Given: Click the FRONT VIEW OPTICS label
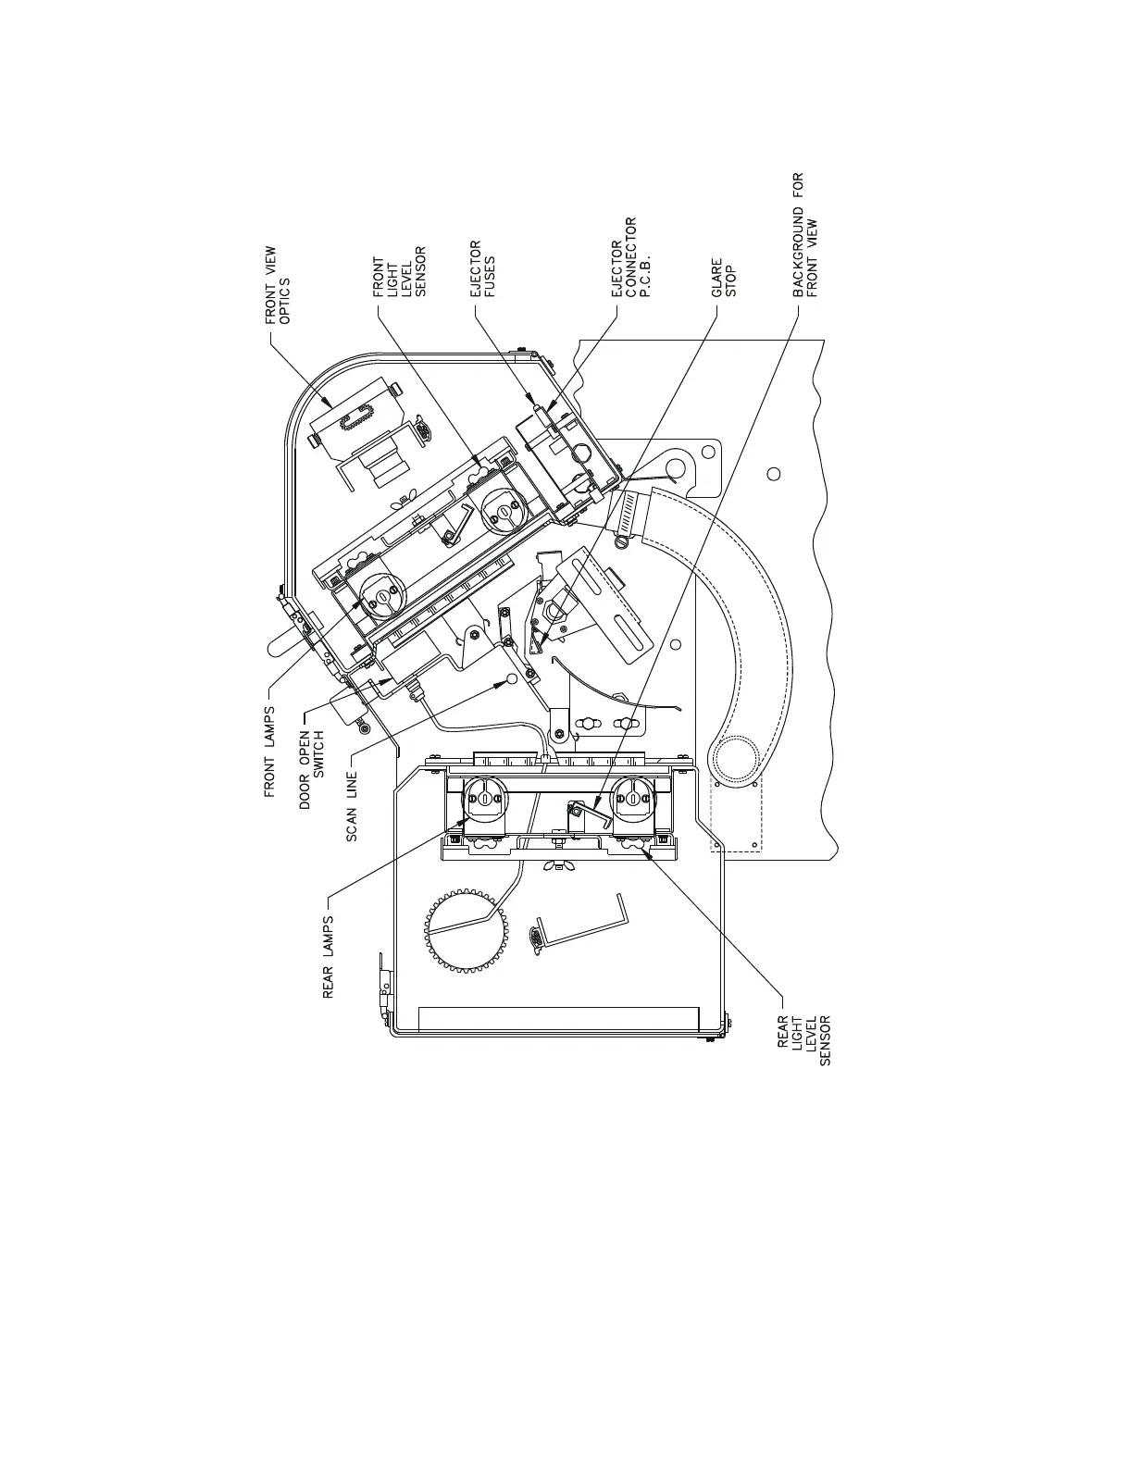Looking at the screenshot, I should (277, 285).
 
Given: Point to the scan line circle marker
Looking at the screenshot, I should (511, 682).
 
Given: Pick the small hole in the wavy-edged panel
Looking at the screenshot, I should (775, 474).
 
